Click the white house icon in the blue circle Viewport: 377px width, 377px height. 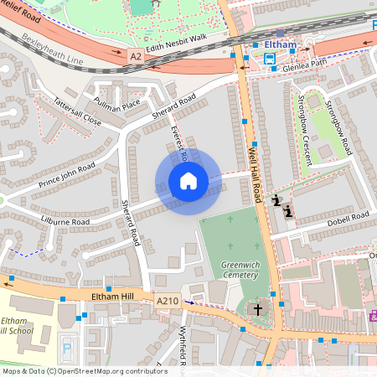[x=188, y=181]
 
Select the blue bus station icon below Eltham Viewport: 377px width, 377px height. [x=270, y=59]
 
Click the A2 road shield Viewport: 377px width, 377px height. [x=136, y=56]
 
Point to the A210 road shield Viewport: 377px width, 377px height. [x=167, y=299]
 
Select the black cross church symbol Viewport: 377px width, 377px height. [x=257, y=309]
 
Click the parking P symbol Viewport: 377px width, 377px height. [x=67, y=348]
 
